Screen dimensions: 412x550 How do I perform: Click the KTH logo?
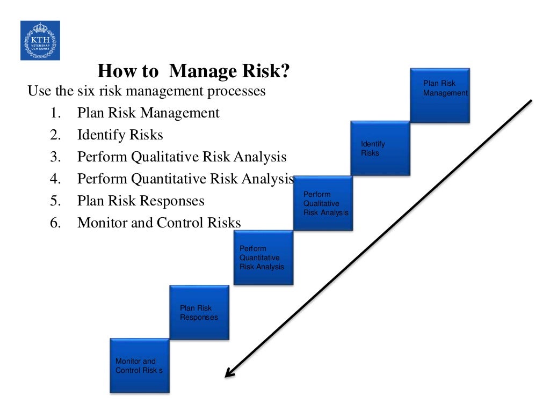pyautogui.click(x=40, y=40)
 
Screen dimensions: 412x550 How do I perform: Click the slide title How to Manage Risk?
pyautogui.click(x=194, y=71)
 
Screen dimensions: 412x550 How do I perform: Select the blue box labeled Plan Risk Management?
pyautogui.click(x=440, y=95)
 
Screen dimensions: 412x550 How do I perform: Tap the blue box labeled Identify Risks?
pyautogui.click(x=380, y=148)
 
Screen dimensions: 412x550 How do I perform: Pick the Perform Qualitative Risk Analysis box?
pyautogui.click(x=323, y=203)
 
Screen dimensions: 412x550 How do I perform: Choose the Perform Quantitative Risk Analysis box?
pyautogui.click(x=264, y=257)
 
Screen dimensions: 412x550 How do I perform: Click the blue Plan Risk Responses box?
pyautogui.click(x=199, y=312)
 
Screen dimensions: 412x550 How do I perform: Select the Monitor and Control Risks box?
pyautogui.click(x=140, y=365)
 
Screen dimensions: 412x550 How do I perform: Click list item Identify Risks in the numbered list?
pyautogui.click(x=120, y=135)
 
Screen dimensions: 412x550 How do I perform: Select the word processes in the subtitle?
pyautogui.click(x=239, y=91)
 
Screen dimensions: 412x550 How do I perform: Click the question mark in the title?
pyautogui.click(x=285, y=71)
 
